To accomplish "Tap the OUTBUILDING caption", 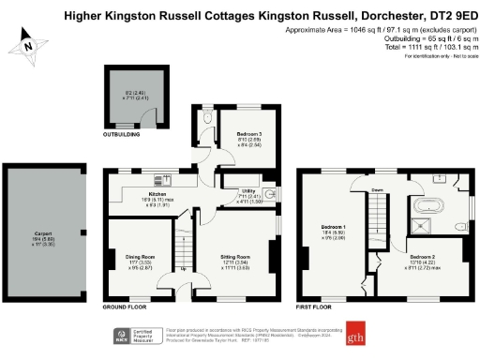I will [x=121, y=135].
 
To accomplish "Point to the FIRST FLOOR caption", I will [x=315, y=307].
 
